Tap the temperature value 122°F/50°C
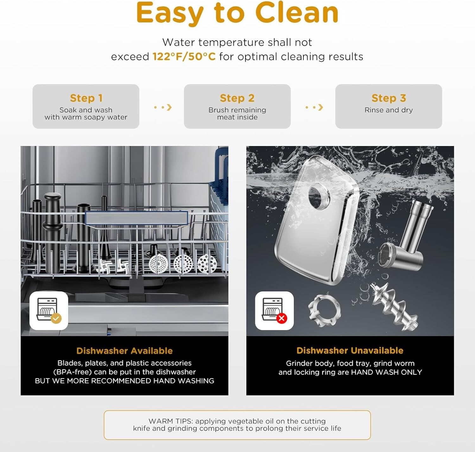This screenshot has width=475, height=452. (x=184, y=57)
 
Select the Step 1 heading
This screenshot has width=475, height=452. (x=86, y=98)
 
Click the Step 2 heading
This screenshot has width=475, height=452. (x=237, y=98)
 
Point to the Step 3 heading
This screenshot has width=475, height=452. (x=389, y=98)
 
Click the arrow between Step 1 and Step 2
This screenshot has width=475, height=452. (x=163, y=107)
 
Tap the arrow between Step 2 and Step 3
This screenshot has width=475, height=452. (x=314, y=107)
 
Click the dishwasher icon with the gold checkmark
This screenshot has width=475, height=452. (x=49, y=311)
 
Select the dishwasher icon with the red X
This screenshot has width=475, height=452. (x=275, y=311)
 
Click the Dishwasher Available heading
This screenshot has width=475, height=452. (x=124, y=351)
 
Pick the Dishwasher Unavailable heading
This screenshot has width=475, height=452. (x=350, y=350)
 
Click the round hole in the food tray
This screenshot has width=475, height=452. (x=319, y=196)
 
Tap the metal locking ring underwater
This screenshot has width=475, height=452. (x=325, y=311)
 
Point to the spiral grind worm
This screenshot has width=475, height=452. (x=394, y=307)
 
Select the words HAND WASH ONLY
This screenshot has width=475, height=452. (x=386, y=372)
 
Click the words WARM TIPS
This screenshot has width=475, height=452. (x=171, y=421)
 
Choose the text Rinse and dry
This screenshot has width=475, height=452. (x=389, y=110)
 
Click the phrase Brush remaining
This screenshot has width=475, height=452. (x=237, y=110)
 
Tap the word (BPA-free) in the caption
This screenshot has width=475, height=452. (x=73, y=372)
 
